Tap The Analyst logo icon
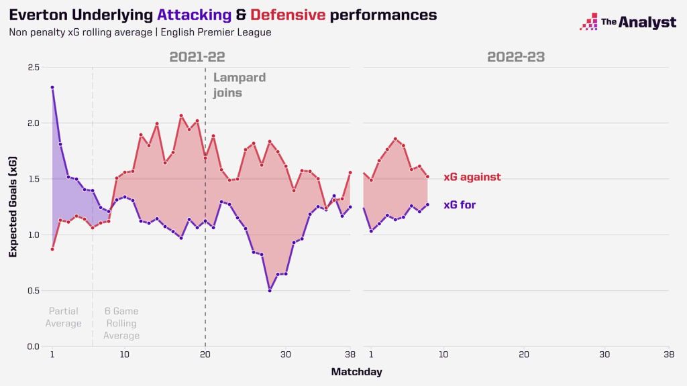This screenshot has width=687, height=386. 588,21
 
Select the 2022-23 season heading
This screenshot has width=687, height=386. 516,57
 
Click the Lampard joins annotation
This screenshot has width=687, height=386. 239,85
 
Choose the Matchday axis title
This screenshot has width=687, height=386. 356,371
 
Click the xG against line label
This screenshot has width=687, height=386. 472,178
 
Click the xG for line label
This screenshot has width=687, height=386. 460,205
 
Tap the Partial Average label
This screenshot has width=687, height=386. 64,318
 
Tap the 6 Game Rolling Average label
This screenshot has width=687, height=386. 121,323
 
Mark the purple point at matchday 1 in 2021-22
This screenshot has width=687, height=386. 52,87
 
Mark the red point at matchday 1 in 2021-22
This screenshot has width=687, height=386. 52,249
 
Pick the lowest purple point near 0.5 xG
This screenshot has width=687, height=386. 270,290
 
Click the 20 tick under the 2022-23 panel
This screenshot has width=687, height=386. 523,355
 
